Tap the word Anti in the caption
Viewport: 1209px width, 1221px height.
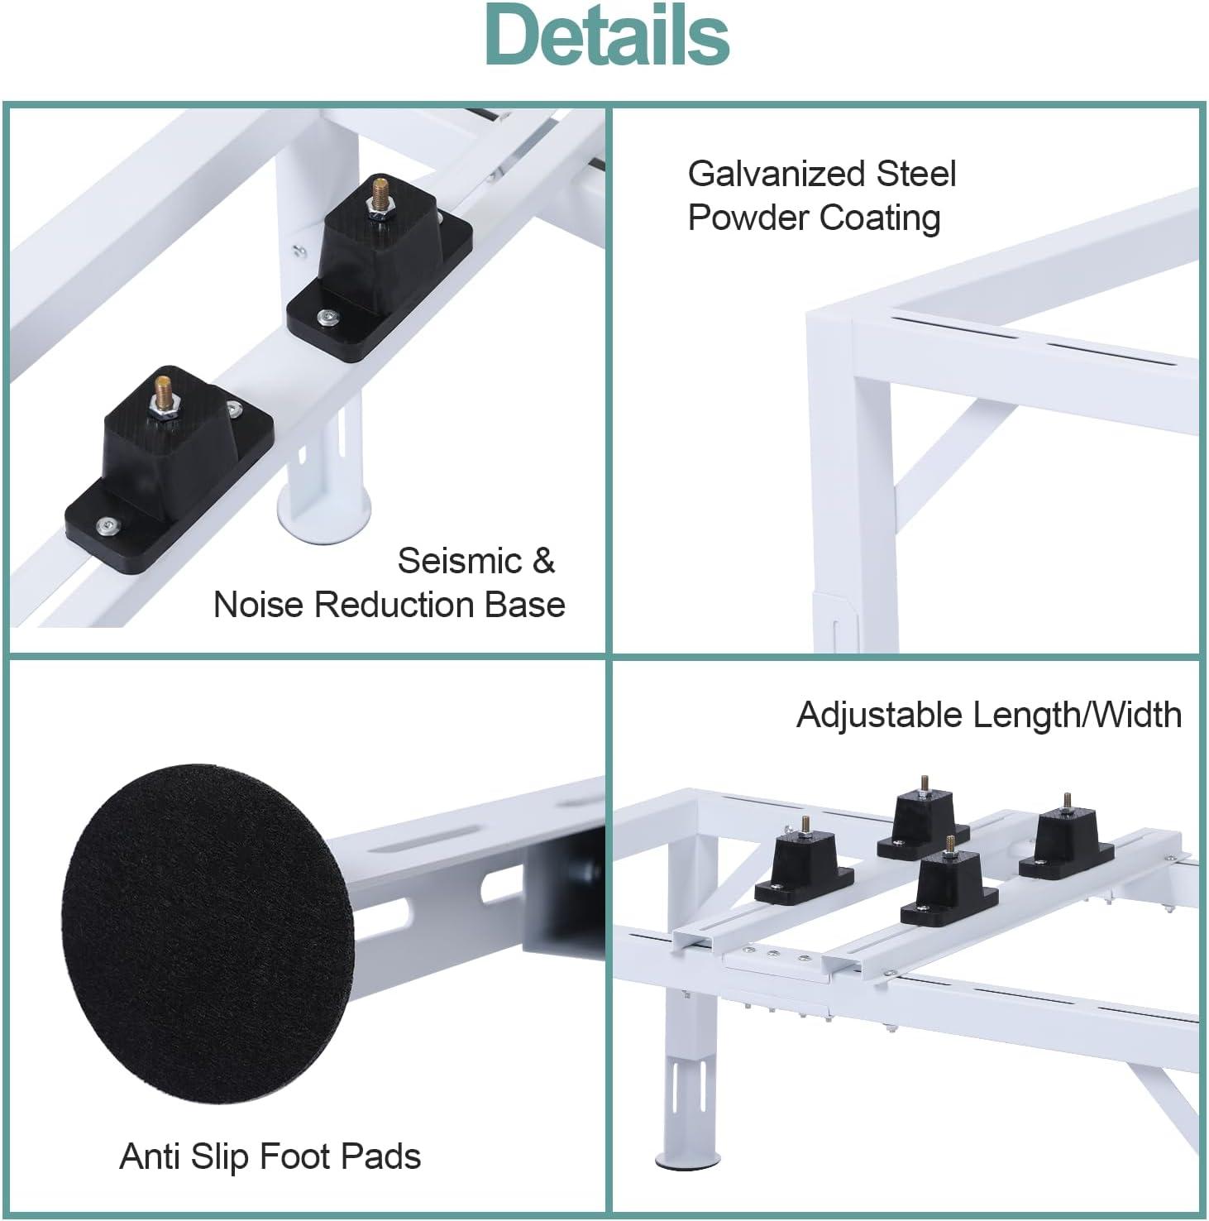click(150, 1156)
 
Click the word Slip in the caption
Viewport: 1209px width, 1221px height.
click(220, 1156)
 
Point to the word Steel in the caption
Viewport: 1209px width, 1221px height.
click(906, 175)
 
